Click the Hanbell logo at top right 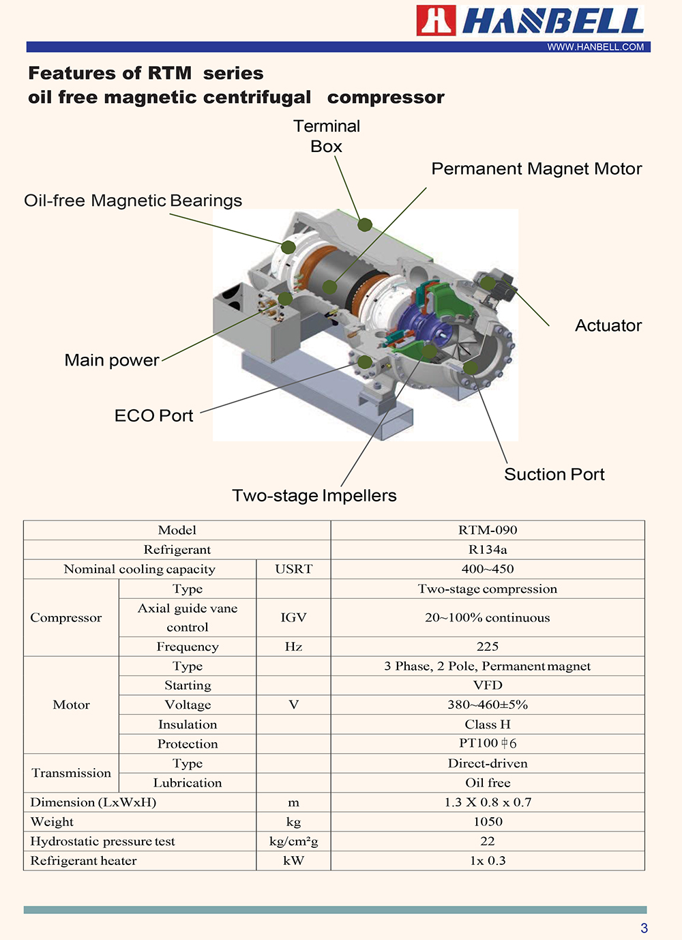pyautogui.click(x=531, y=20)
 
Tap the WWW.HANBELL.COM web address pyautogui.click(x=595, y=47)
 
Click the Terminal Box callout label pyautogui.click(x=327, y=136)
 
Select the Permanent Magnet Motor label pyautogui.click(x=537, y=168)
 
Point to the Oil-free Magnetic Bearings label pyautogui.click(x=133, y=201)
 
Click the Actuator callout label pyautogui.click(x=608, y=325)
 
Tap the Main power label pyautogui.click(x=112, y=360)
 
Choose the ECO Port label pyautogui.click(x=153, y=415)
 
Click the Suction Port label pyautogui.click(x=554, y=474)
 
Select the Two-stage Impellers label pyautogui.click(x=314, y=495)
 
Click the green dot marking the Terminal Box pyautogui.click(x=365, y=224)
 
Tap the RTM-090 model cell pyautogui.click(x=488, y=530)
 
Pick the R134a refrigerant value pyautogui.click(x=488, y=550)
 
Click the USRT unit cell pyautogui.click(x=293, y=569)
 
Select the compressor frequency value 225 pyautogui.click(x=488, y=646)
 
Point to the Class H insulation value pyautogui.click(x=488, y=724)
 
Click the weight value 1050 pyautogui.click(x=488, y=822)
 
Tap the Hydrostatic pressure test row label pyautogui.click(x=102, y=842)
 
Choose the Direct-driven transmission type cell pyautogui.click(x=488, y=763)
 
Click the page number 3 pyautogui.click(x=644, y=928)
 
